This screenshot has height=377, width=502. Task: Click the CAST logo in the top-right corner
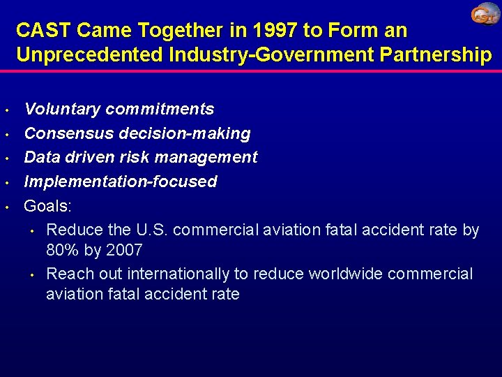[x=485, y=15]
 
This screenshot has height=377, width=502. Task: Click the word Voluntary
[x=63, y=109]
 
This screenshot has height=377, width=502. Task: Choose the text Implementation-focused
[x=121, y=182]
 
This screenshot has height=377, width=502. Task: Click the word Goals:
[x=47, y=206]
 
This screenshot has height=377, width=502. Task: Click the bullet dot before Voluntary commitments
[x=6, y=110]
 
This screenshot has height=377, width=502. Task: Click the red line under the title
[x=251, y=70]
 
